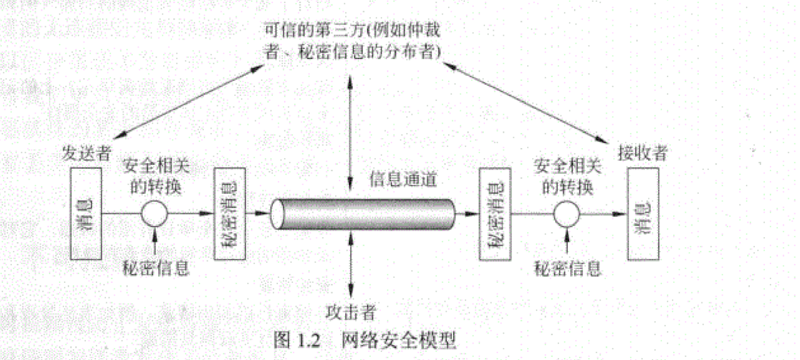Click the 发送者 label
[86, 152]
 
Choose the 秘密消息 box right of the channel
[493, 214]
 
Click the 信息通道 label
[402, 180]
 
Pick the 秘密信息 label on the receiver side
[568, 268]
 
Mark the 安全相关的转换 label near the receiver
[567, 177]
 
